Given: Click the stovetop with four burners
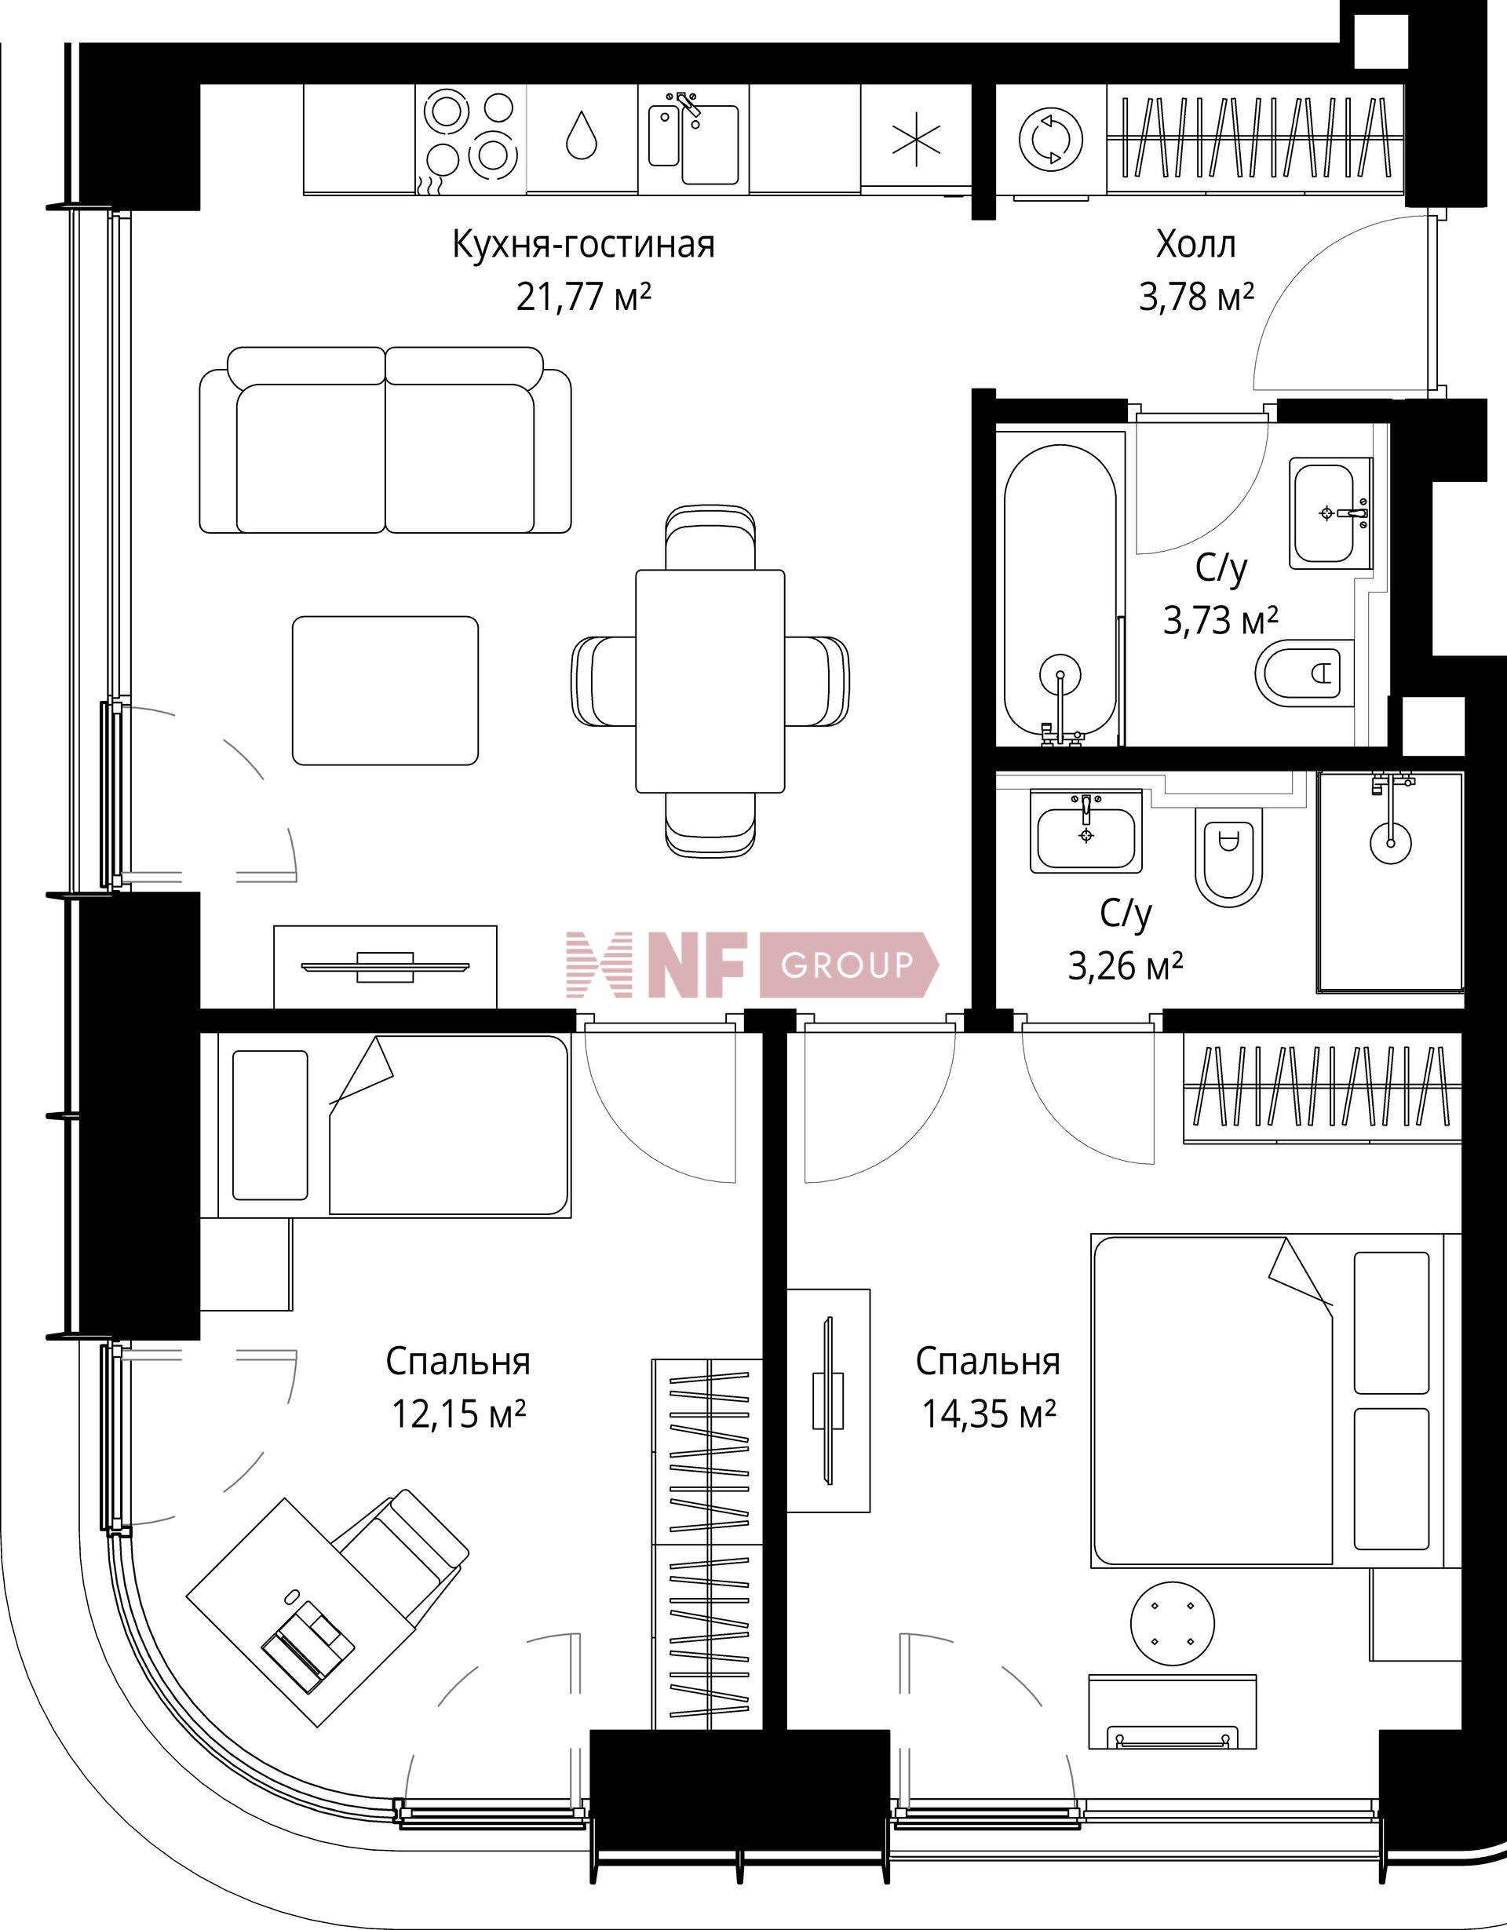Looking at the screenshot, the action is click(471, 138).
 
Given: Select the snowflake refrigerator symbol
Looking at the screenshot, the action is click(916, 139).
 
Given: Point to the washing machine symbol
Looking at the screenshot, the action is click(1051, 138).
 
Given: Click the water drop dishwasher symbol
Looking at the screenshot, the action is click(582, 134).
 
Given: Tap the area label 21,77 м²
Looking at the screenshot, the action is click(583, 297).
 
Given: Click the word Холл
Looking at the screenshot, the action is click(1196, 244).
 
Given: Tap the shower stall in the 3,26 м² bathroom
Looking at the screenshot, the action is click(1390, 882).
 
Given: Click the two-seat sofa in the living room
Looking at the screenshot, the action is click(385, 440).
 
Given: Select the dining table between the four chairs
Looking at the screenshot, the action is click(710, 680).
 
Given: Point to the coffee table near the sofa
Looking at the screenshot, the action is click(385, 690).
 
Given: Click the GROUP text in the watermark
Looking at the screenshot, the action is click(846, 964).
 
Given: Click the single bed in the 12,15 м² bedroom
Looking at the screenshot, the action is click(395, 1125).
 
